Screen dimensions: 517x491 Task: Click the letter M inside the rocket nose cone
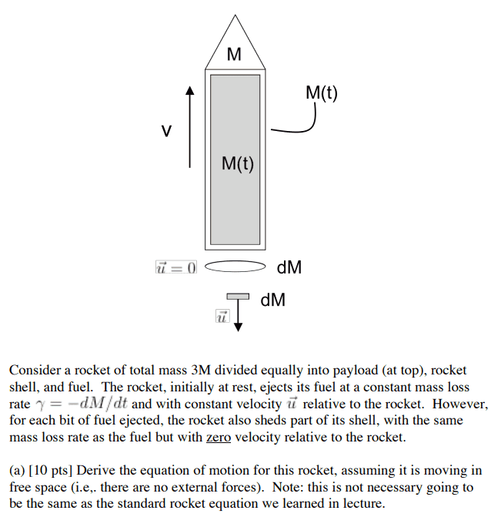(235, 55)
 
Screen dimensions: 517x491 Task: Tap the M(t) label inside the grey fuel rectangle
(237, 163)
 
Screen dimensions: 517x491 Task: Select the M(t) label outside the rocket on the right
(321, 93)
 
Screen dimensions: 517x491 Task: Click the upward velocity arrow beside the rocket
(189, 127)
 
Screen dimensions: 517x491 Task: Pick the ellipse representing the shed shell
(235, 267)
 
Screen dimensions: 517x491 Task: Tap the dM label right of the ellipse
(289, 268)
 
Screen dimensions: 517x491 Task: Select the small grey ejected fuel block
(238, 297)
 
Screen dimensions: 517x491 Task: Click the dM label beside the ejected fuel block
(272, 300)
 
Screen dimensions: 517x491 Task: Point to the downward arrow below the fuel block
(238, 316)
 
